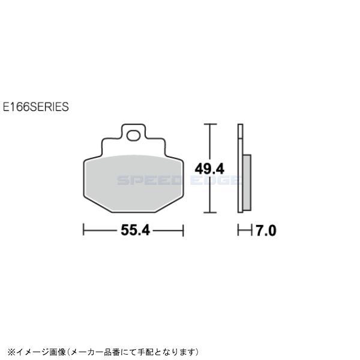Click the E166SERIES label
[x=35, y=107]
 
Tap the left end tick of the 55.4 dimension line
[x=83, y=230]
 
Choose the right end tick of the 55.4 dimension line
[x=182, y=230]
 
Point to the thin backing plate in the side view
[x=240, y=168]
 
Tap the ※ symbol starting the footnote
[x=8, y=351]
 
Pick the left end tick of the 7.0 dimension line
[x=238, y=230]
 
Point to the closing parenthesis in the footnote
[x=196, y=351]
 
